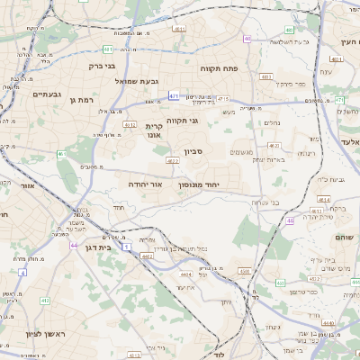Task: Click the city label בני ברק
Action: (103, 65)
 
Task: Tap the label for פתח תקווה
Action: (243, 67)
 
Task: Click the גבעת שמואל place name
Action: (137, 81)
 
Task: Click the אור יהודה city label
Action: (144, 184)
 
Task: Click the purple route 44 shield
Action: (73, 244)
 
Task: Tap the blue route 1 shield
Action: (127, 245)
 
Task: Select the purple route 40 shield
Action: (247, 39)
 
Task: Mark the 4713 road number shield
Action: (222, 99)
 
